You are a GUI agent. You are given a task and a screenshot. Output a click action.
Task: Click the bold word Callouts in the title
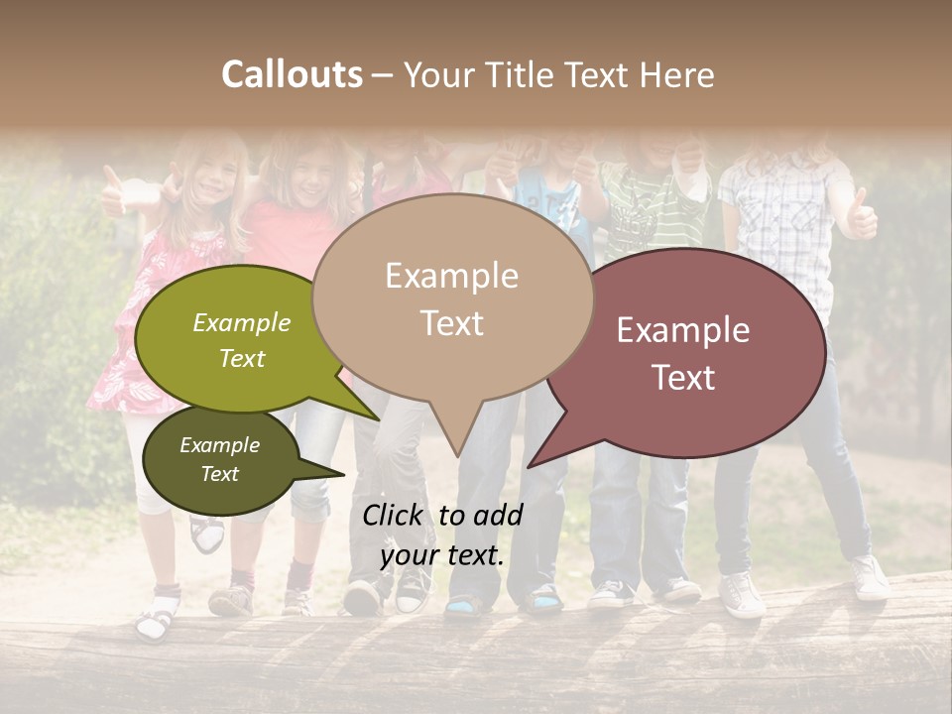tap(292, 74)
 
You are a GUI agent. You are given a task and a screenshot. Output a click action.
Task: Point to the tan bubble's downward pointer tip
tap(457, 455)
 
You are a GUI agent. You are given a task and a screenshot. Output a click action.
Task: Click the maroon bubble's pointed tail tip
tap(529, 466)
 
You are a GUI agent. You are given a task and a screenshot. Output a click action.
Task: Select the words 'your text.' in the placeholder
tap(442, 555)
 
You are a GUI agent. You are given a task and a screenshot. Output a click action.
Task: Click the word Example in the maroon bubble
tap(683, 330)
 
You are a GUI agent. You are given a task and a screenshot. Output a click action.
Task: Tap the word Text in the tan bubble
tap(452, 323)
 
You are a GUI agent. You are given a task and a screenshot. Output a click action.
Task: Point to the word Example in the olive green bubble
tap(242, 323)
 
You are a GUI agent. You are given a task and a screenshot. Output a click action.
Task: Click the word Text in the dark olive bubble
tap(220, 474)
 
